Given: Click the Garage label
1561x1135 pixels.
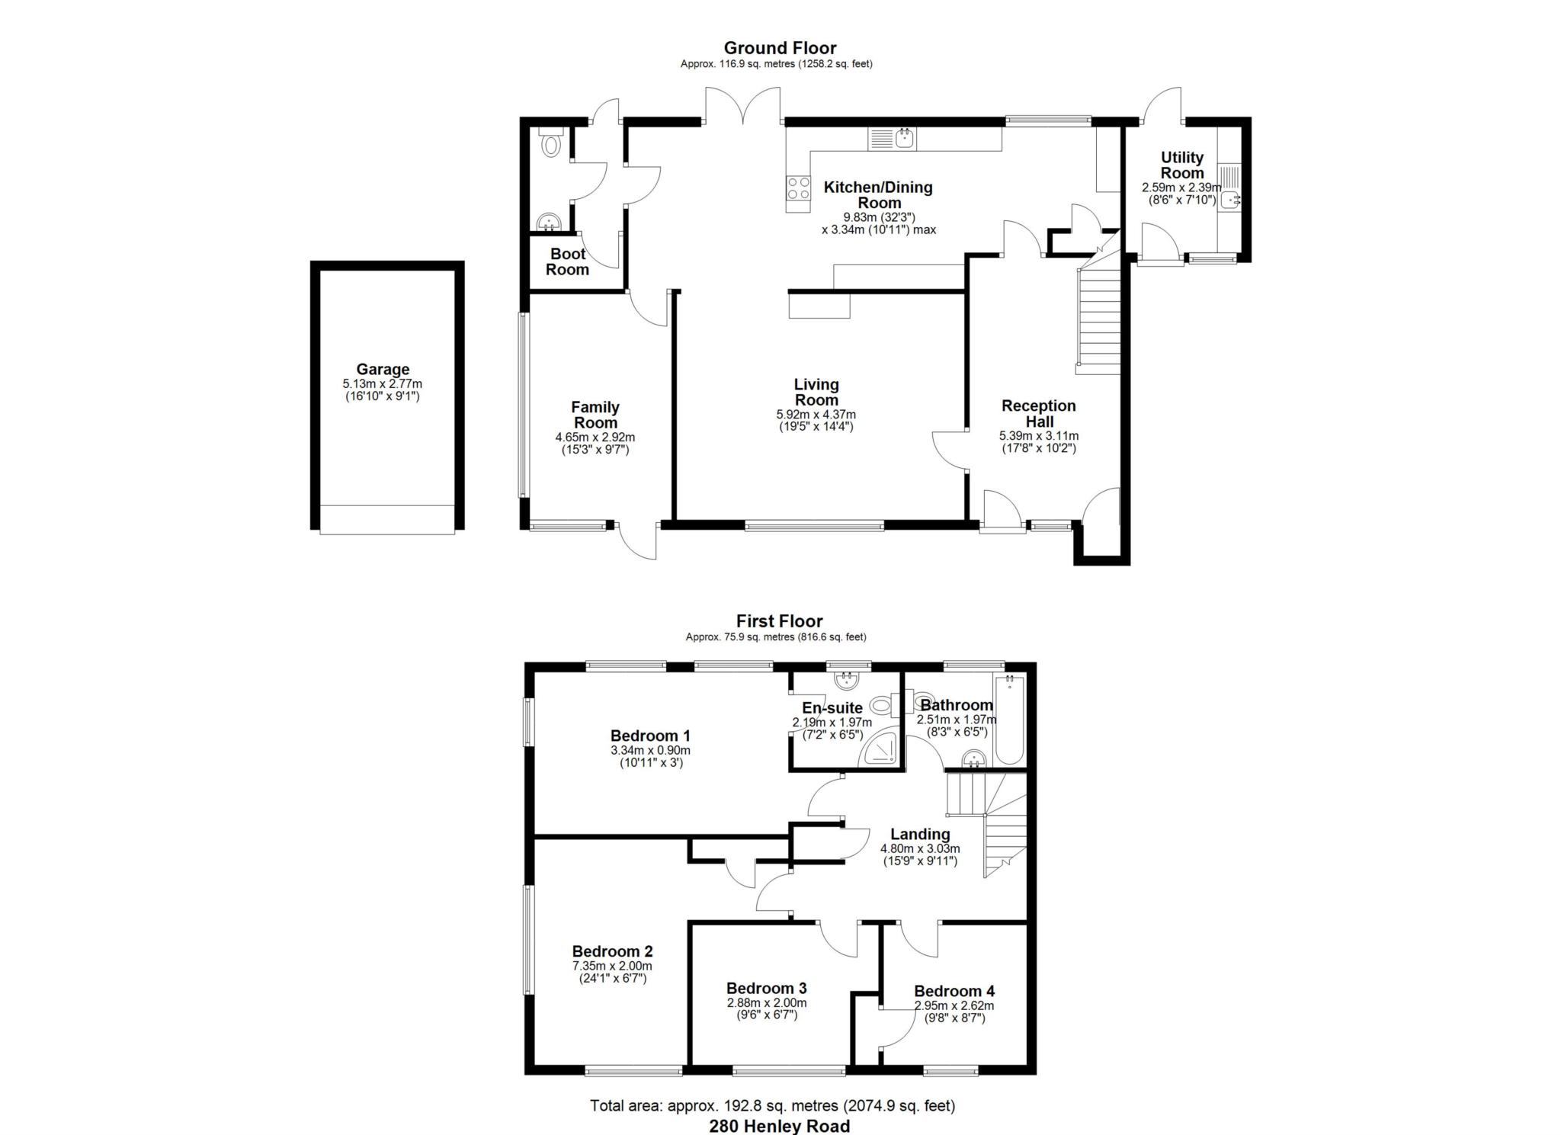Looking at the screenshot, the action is (383, 370).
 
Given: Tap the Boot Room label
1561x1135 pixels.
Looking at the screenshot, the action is (567, 261).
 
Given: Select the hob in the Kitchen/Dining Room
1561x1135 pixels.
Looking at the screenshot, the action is (799, 188).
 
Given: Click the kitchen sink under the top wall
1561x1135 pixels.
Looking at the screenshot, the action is (893, 139).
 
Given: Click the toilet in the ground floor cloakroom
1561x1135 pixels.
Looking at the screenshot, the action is (550, 142).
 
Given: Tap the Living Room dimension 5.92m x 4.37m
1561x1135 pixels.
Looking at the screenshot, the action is (816, 415).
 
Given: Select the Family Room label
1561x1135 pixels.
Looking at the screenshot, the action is (595, 415).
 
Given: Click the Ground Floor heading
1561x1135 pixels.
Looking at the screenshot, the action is (780, 48).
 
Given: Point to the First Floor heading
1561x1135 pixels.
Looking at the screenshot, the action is (779, 621).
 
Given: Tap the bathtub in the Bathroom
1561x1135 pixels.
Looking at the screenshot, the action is (1009, 719).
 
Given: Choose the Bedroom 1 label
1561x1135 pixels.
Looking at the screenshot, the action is (650, 736).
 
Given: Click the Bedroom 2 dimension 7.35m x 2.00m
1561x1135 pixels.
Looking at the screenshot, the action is (612, 967).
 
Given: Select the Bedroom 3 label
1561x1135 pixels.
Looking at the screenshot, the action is (766, 988).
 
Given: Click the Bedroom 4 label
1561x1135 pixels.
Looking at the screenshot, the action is (954, 991).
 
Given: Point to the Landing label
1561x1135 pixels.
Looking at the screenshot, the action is (920, 834).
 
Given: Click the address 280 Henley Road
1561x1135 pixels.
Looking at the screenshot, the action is (780, 1126).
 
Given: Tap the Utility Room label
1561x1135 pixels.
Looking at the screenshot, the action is (1182, 165).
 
